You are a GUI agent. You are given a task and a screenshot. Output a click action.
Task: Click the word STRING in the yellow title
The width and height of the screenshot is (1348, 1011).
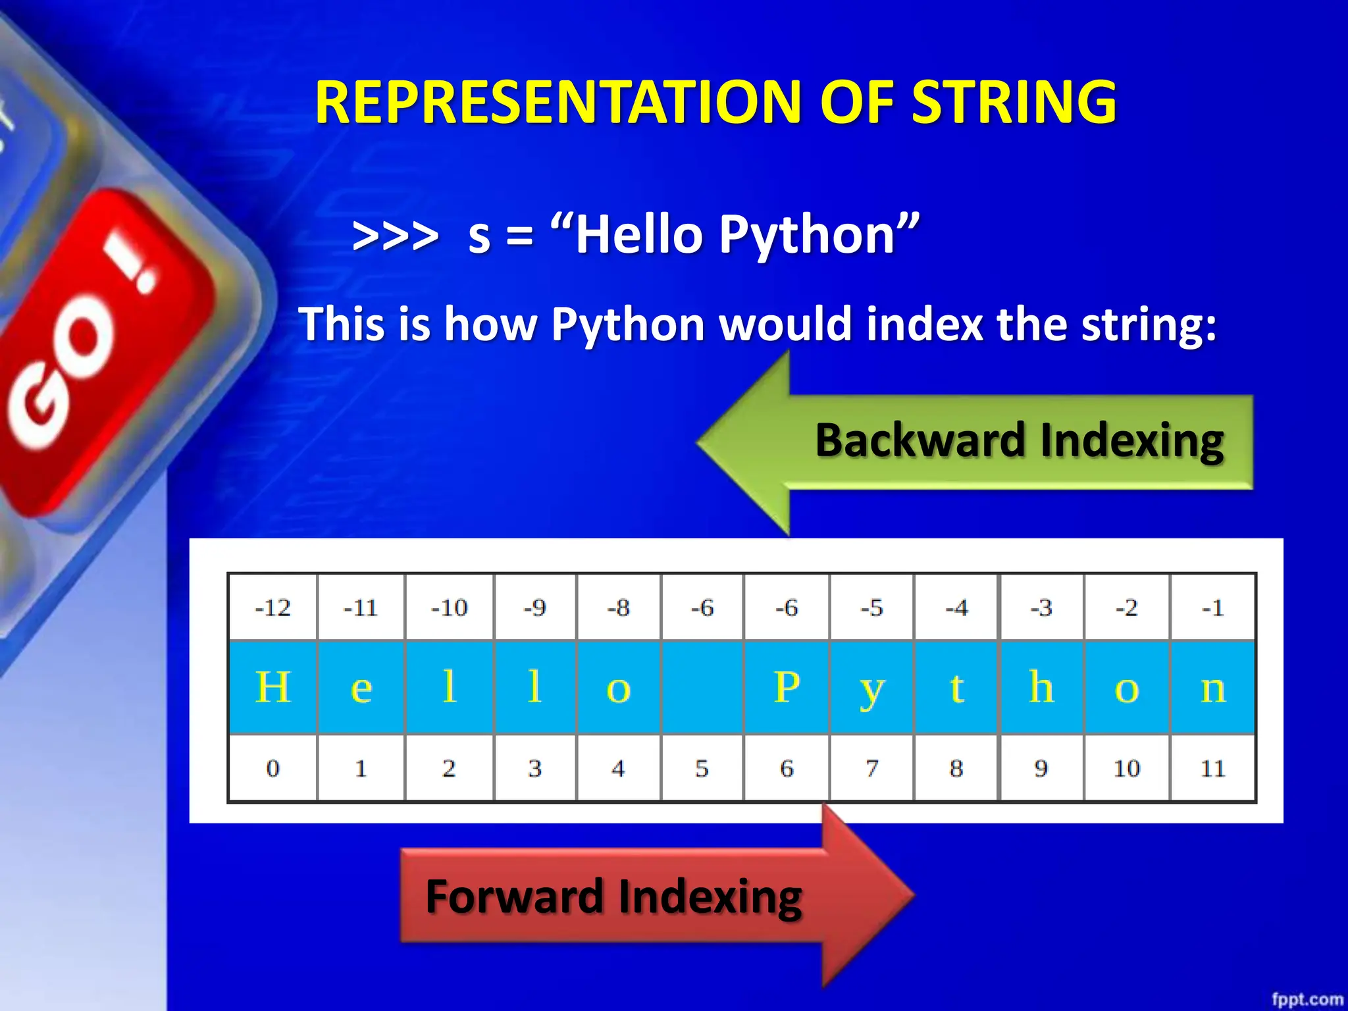point(1014,102)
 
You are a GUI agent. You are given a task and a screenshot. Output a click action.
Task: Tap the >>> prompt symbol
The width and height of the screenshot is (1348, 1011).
point(395,236)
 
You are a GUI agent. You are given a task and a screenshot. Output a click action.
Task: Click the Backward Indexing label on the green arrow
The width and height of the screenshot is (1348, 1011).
point(1019,440)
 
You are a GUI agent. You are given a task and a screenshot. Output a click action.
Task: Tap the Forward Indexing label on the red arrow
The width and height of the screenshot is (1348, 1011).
point(613,896)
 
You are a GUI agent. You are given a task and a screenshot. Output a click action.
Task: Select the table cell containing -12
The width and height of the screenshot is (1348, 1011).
point(272,607)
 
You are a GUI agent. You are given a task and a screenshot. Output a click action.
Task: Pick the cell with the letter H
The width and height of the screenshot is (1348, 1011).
point(272,687)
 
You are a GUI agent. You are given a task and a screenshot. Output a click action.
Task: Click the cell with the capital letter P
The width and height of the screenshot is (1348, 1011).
point(787,687)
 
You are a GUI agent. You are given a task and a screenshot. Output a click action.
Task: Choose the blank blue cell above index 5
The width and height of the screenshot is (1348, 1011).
point(702,687)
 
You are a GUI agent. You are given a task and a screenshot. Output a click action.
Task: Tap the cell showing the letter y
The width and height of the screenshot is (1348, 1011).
point(871,687)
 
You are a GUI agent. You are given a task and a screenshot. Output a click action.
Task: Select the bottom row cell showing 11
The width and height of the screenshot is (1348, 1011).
point(1212,768)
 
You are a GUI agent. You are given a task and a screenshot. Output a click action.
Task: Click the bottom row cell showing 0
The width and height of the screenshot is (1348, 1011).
point(272,768)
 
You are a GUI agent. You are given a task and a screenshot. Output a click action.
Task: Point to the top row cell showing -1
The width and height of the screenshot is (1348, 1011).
point(1212,607)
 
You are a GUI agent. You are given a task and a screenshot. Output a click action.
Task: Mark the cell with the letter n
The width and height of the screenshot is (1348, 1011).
point(1212,687)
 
